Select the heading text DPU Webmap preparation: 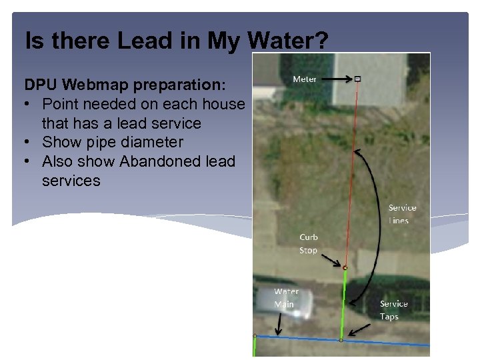125,86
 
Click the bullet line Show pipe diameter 112,142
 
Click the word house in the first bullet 223,105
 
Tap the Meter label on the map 305,79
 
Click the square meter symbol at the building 357,79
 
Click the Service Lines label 402,214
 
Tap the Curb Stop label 309,243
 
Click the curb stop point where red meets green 345,267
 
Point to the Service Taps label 393,310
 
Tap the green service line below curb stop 343,303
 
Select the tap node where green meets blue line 341,340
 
